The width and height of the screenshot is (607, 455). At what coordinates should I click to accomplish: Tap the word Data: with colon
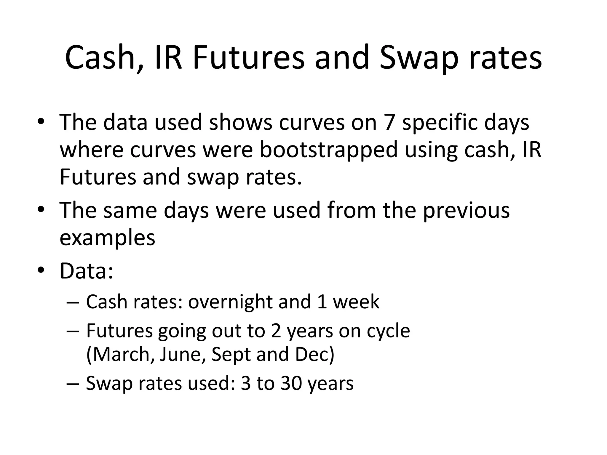pyautogui.click(x=86, y=270)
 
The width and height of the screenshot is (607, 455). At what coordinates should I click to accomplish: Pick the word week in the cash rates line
pyautogui.click(x=356, y=302)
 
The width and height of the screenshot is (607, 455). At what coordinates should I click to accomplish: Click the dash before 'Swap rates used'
pyautogui.click(x=73, y=384)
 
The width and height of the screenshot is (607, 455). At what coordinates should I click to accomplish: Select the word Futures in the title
pyautogui.click(x=248, y=58)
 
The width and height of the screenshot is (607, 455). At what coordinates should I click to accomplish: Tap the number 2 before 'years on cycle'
pyautogui.click(x=276, y=331)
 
